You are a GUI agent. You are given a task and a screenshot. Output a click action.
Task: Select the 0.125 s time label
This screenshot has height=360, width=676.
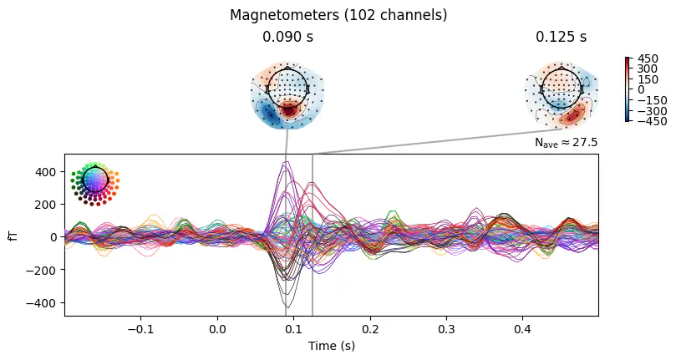[x=561, y=38]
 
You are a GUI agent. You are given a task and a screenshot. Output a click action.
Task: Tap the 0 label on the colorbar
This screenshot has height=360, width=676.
[x=640, y=89]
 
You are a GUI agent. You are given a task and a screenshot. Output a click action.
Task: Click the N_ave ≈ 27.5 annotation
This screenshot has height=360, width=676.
[x=566, y=144]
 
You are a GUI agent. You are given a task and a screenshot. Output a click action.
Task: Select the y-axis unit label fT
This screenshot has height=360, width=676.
[x=13, y=236]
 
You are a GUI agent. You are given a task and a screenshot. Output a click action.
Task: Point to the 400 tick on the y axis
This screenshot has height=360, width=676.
[x=46, y=171]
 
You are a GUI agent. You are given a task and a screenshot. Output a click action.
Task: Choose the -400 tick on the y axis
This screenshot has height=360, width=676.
[x=43, y=302]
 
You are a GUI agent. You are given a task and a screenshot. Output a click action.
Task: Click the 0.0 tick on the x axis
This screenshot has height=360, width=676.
[x=217, y=328]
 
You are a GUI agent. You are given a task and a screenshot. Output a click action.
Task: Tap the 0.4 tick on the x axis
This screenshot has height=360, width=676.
[x=522, y=328]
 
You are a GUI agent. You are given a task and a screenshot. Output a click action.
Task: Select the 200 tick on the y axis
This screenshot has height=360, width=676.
[x=46, y=204]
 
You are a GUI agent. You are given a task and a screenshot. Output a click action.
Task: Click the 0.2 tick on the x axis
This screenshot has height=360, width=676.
[x=370, y=328]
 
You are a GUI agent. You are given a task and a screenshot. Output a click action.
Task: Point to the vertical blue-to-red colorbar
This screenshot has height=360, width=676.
[x=626, y=89]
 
